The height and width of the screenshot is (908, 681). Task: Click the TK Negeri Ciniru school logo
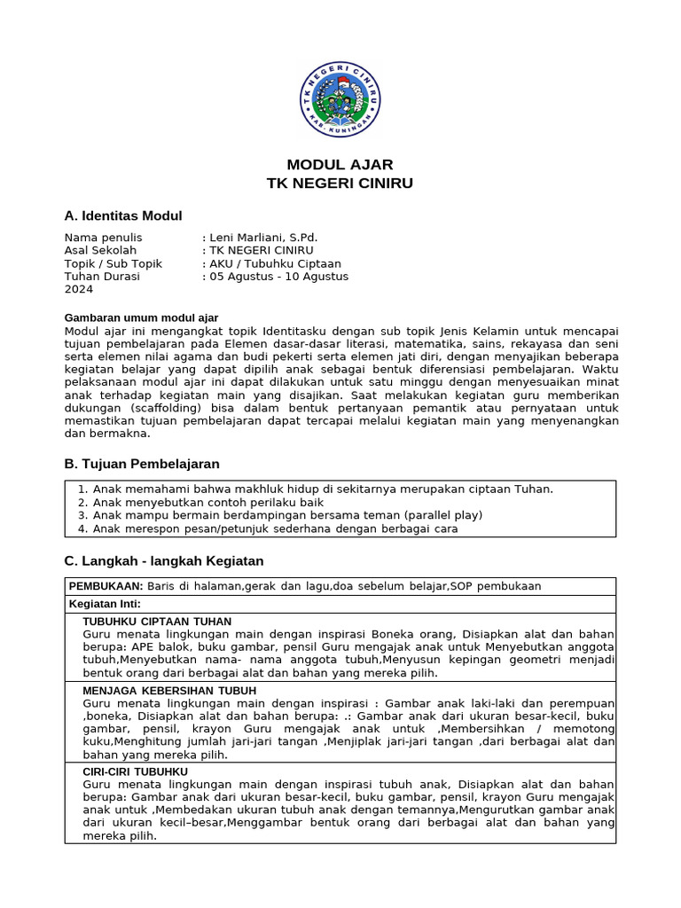[x=340, y=100]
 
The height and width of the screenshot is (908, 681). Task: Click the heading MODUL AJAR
[x=340, y=165]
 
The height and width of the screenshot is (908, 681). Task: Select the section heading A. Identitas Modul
[x=123, y=215]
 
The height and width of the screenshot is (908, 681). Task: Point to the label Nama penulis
[x=103, y=238]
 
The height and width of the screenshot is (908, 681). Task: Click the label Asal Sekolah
[x=100, y=250]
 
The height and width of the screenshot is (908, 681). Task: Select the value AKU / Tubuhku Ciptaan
[x=275, y=263]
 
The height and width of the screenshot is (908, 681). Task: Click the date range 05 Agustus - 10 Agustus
[x=278, y=277]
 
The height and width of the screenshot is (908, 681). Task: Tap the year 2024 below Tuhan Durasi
[x=79, y=289]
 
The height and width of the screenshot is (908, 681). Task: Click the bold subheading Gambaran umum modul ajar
[x=141, y=317]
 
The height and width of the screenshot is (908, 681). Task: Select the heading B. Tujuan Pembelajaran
[x=142, y=464]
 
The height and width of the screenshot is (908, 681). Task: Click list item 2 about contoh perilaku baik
[x=196, y=502]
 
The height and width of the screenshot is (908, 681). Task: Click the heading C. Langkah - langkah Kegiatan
[x=164, y=561]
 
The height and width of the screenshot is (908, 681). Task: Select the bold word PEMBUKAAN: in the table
[x=106, y=586]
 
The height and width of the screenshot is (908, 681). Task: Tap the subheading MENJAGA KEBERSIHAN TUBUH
[x=169, y=690]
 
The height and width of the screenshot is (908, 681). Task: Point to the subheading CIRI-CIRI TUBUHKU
[x=135, y=771]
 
